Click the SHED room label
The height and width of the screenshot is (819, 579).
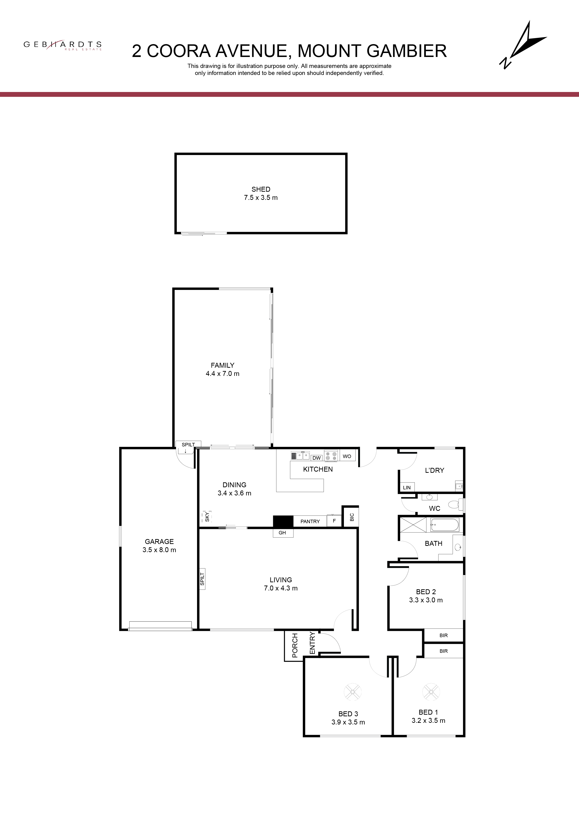click(x=261, y=189)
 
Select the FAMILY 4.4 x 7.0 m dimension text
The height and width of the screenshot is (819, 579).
click(x=222, y=374)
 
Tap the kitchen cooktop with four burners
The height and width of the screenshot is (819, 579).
click(x=331, y=455)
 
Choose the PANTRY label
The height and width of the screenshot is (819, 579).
click(x=310, y=522)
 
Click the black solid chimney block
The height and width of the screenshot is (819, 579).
click(x=283, y=521)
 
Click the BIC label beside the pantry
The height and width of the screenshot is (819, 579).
click(x=352, y=517)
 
